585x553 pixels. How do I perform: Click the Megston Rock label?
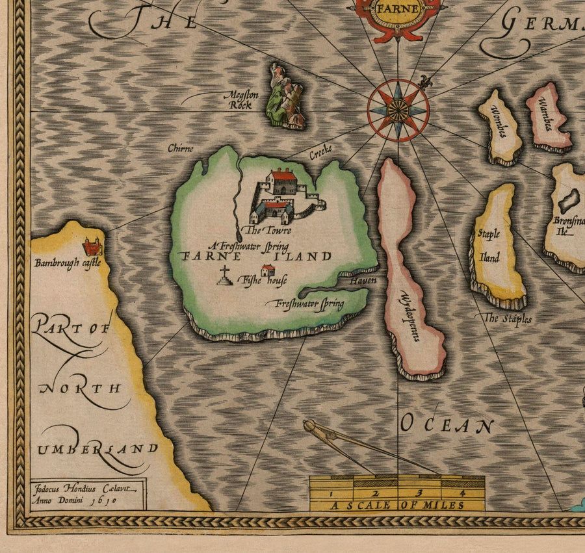(x=241, y=99)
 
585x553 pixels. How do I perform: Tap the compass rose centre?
(x=398, y=109)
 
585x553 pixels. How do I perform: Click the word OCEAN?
(x=446, y=426)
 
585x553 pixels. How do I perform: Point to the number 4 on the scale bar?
(x=462, y=492)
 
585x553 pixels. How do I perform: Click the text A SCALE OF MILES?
(x=396, y=505)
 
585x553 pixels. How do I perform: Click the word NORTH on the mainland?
(x=80, y=389)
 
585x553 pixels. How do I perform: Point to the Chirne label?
(x=180, y=149)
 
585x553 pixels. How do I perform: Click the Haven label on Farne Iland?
(x=363, y=281)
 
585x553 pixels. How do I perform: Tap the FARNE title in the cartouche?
(x=397, y=9)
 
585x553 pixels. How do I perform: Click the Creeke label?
(x=320, y=152)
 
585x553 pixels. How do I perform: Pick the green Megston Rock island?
(x=285, y=97)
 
